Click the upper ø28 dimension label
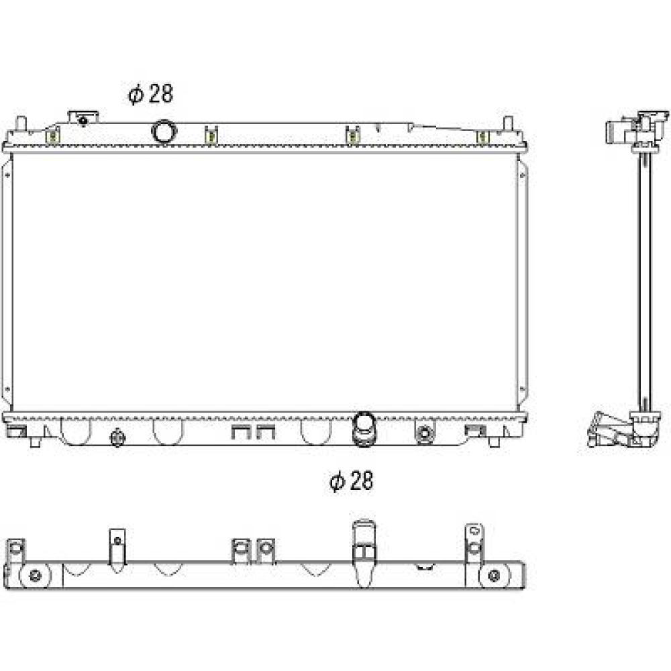pyautogui.click(x=150, y=95)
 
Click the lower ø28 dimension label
pyautogui.click(x=351, y=481)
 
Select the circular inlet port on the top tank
pyautogui.click(x=163, y=131)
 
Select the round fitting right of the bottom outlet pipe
pyautogui.click(x=424, y=433)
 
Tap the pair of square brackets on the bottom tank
pyautogui.click(x=253, y=432)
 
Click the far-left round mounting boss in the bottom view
pyautogui.click(x=36, y=576)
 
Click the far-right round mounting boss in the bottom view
pyautogui.click(x=494, y=576)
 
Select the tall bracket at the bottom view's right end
pyautogui.click(x=474, y=540)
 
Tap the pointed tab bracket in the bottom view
pyautogui.click(x=117, y=547)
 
